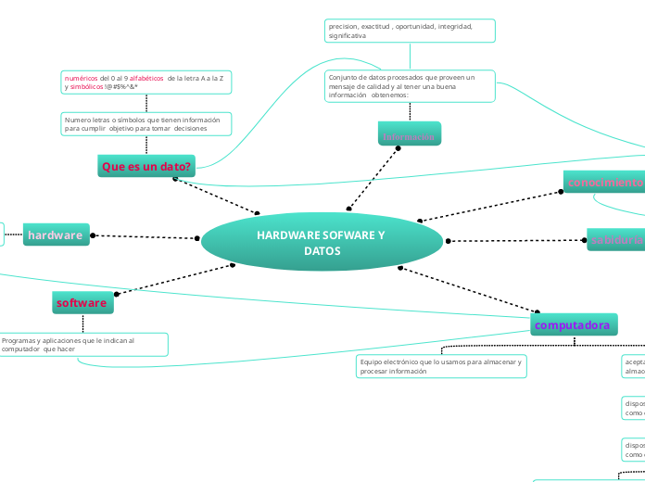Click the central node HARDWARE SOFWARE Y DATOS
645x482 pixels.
[322, 243]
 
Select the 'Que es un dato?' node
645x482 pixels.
[146, 167]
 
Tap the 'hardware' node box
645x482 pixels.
[56, 235]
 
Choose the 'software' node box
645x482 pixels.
[82, 303]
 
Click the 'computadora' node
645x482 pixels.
[574, 325]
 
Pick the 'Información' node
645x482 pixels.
[409, 136]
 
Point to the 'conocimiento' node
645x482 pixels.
[604, 183]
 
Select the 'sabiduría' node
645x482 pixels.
[616, 241]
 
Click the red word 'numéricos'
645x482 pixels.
[81, 79]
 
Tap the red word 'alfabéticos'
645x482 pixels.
[146, 79]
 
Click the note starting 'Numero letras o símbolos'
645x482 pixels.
[145, 124]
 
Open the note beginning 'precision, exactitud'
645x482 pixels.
[409, 31]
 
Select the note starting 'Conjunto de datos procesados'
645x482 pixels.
[409, 86]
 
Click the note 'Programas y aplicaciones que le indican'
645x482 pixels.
[83, 345]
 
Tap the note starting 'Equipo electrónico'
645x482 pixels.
[441, 366]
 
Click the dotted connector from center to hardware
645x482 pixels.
[145, 236]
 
